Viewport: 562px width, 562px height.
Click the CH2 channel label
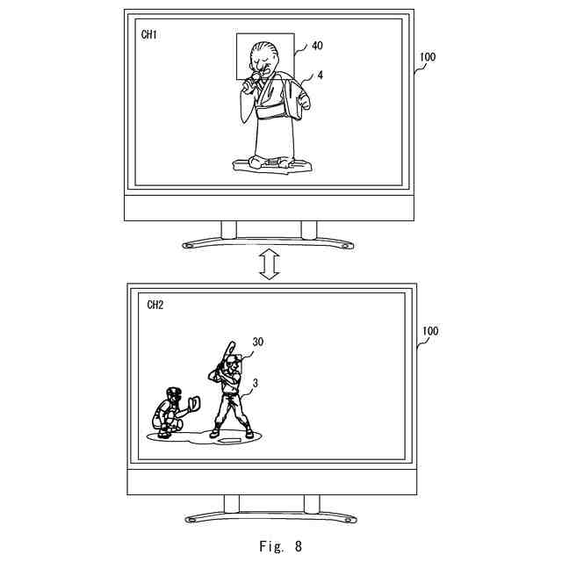point(155,306)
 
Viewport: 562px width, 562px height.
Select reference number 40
point(317,45)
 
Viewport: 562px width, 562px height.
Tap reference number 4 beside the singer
point(321,76)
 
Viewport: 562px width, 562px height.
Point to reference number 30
point(257,342)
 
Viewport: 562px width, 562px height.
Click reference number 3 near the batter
point(255,382)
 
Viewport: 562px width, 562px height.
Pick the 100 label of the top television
point(428,57)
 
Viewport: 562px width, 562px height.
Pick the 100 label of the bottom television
point(430,331)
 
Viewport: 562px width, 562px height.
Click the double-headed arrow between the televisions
point(269,263)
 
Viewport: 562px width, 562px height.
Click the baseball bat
point(220,360)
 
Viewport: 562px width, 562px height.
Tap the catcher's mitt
point(193,403)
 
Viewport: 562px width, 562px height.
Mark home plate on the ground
point(231,439)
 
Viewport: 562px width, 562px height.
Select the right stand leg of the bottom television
point(311,504)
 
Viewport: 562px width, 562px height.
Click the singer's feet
point(269,162)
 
